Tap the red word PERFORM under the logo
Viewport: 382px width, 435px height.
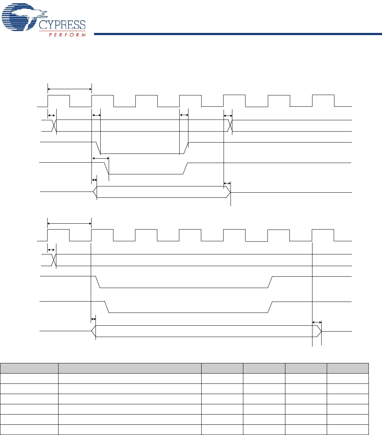(67, 34)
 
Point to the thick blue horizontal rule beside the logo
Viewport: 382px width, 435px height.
(234, 35)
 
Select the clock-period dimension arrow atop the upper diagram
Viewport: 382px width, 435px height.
(70, 88)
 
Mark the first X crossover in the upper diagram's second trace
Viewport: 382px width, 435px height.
(54, 126)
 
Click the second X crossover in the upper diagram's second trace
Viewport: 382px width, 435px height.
(230, 126)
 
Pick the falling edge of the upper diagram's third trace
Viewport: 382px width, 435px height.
(98, 148)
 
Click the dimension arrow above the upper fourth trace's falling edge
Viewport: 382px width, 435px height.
(100, 158)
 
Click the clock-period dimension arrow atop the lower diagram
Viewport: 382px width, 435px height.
(69, 223)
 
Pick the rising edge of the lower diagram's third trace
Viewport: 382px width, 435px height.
(270, 282)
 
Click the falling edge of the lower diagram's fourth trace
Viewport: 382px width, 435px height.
(107, 307)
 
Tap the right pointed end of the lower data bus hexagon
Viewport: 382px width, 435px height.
(320, 331)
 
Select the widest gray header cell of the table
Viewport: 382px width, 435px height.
(130, 368)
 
